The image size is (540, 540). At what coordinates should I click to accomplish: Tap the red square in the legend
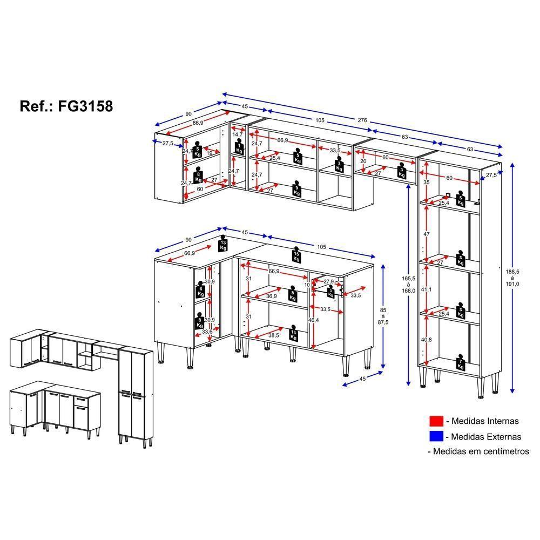(x=436, y=421)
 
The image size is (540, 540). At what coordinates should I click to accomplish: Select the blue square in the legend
(x=436, y=436)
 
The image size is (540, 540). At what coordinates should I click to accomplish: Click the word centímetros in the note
(x=504, y=451)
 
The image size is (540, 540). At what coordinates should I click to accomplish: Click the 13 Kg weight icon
(x=222, y=244)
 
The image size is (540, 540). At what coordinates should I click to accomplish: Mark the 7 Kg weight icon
(x=460, y=363)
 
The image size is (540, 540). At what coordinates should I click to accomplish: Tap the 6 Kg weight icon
(x=199, y=290)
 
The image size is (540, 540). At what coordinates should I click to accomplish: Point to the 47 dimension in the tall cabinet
(x=427, y=234)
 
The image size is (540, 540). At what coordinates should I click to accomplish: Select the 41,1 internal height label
(x=427, y=290)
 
